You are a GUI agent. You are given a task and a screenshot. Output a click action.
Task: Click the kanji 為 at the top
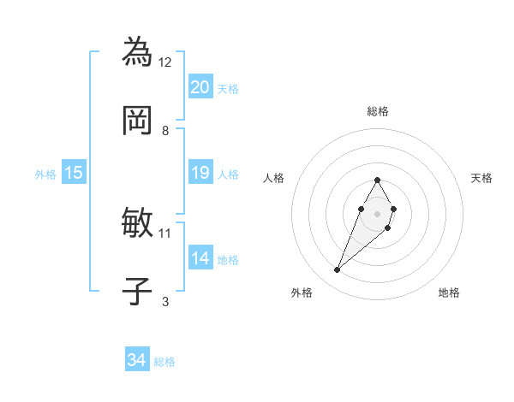[x=138, y=51]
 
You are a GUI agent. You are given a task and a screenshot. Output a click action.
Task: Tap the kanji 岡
[x=138, y=121]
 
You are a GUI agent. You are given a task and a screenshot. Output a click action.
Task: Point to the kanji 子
[x=138, y=292]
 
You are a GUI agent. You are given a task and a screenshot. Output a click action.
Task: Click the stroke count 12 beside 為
[x=165, y=62]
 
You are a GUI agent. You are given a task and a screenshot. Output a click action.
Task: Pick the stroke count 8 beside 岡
[x=165, y=130]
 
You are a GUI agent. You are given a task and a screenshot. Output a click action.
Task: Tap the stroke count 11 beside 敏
[x=165, y=233]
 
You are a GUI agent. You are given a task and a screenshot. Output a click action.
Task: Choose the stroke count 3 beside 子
[x=165, y=301]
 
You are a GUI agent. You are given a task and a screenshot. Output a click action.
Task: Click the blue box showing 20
[x=200, y=87]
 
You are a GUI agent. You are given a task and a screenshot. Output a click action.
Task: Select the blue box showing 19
[x=200, y=173]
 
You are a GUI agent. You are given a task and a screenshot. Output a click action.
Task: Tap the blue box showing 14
[x=200, y=258]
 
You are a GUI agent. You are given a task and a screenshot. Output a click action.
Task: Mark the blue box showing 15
[x=73, y=173]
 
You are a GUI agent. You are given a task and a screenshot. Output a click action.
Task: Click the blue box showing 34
[x=136, y=361]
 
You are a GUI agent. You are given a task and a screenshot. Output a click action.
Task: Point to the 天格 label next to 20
[x=228, y=88]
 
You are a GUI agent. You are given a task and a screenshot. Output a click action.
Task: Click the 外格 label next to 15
[x=45, y=174]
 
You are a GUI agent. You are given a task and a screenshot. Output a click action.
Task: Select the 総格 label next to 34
[x=164, y=362]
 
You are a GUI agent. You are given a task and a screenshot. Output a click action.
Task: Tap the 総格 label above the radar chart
[x=378, y=111]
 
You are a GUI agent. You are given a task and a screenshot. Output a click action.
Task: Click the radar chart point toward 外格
[x=338, y=270]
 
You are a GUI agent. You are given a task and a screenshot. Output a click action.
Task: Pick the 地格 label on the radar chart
[x=449, y=293]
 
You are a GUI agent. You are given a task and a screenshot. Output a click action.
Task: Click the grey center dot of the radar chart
[x=377, y=212]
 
